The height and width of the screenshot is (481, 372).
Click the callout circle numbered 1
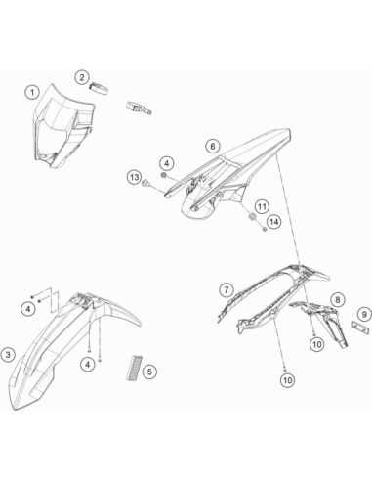click(x=32, y=93)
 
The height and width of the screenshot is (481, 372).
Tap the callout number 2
click(x=82, y=77)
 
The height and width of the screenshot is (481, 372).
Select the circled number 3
click(x=8, y=355)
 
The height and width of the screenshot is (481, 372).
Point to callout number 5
click(x=149, y=372)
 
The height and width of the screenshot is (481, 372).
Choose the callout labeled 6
click(x=213, y=146)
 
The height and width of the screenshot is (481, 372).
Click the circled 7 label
click(x=227, y=289)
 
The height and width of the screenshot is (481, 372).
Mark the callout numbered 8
click(x=338, y=299)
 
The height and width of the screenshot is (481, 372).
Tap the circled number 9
click(x=364, y=314)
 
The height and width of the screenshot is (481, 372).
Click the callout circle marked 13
click(x=135, y=178)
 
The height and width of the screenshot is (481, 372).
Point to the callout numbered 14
click(x=274, y=222)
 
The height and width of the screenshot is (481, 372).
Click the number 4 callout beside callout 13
click(x=167, y=163)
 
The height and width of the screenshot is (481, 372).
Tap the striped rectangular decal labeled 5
click(x=134, y=368)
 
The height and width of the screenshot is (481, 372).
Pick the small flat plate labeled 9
click(x=360, y=328)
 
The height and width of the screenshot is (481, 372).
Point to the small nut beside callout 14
click(x=265, y=229)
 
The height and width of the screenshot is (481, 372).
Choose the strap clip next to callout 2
click(x=99, y=88)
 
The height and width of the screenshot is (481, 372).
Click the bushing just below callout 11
click(x=252, y=217)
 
